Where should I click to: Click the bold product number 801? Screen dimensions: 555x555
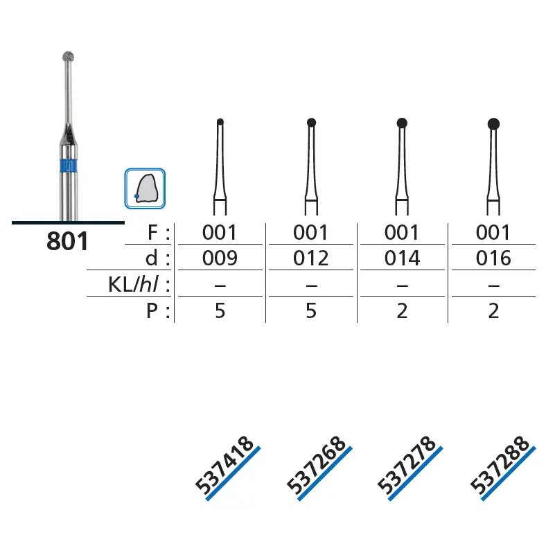[x=67, y=241]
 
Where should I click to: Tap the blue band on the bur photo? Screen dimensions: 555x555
[x=68, y=166]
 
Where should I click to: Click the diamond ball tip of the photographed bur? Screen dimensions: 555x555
[x=69, y=56]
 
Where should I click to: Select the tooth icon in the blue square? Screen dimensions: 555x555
[x=145, y=188]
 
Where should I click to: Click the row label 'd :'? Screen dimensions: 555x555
[x=157, y=258]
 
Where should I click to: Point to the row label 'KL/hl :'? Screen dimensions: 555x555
[x=139, y=284]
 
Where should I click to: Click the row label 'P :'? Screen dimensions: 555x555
[x=158, y=311]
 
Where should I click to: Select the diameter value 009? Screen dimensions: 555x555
[x=220, y=258]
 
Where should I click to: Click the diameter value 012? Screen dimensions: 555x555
[x=311, y=258]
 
